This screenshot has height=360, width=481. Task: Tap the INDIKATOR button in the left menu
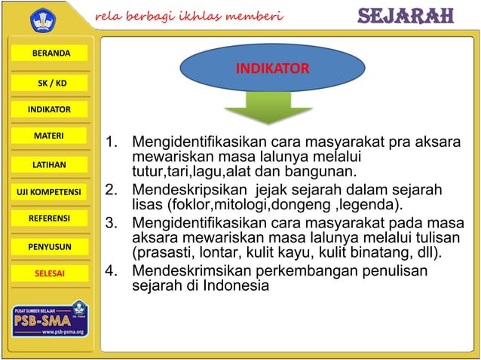(50, 110)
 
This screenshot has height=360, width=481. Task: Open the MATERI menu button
(50, 136)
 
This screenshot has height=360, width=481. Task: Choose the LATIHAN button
(50, 164)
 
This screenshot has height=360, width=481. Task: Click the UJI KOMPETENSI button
(50, 191)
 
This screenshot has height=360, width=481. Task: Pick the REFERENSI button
(50, 218)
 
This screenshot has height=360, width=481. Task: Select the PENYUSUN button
(50, 246)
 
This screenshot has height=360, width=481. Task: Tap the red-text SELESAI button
(50, 273)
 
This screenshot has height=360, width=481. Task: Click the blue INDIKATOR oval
(272, 70)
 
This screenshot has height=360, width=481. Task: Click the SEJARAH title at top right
(404, 17)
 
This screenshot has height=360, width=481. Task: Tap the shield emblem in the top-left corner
(44, 18)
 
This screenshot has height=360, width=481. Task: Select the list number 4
(113, 271)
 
